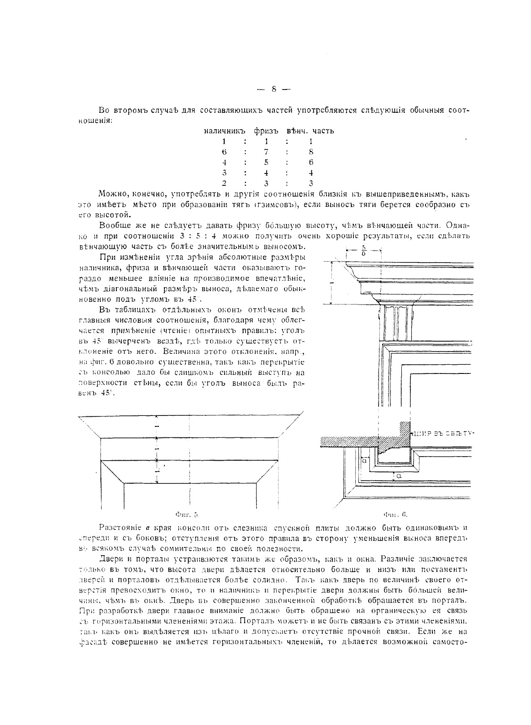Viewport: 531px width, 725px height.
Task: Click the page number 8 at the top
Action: pos(273,89)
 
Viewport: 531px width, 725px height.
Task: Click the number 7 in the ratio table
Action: pos(265,152)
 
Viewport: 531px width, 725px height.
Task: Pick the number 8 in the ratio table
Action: pos(311,152)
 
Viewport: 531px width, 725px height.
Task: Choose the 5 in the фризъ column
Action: pos(265,163)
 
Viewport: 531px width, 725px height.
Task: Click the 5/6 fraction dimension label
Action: pos(363,250)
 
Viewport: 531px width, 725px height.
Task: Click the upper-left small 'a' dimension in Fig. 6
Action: pos(365,462)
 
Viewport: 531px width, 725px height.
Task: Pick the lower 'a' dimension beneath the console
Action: pos(398,476)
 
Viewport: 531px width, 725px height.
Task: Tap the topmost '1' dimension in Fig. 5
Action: pos(157,427)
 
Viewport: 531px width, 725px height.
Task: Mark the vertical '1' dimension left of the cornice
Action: pos(332,283)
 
